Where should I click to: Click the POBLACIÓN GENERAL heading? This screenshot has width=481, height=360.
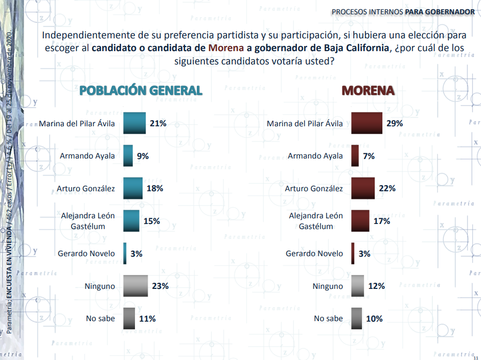[141, 91]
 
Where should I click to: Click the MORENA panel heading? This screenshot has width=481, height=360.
[368, 91]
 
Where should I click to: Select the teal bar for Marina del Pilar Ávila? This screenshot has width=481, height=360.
[134, 123]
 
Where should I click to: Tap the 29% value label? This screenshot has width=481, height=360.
[395, 123]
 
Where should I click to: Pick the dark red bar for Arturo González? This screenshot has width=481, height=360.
[363, 188]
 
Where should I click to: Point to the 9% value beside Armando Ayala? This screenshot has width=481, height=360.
[143, 156]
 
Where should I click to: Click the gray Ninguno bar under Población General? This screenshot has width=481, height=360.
[135, 286]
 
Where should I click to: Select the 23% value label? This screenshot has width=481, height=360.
[160, 286]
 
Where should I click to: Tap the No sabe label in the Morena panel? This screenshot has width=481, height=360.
[328, 319]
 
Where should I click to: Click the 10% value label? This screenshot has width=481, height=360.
[374, 319]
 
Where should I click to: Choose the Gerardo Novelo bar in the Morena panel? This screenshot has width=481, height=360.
[353, 254]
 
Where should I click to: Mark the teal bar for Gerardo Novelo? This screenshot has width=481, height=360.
[125, 254]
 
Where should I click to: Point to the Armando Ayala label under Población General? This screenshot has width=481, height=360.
[87, 156]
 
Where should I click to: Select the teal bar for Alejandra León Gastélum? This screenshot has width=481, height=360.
[131, 221]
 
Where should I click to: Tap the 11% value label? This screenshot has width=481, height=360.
[147, 319]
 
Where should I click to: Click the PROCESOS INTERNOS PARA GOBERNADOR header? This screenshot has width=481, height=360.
[403, 12]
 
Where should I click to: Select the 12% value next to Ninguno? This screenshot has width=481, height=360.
[376, 286]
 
